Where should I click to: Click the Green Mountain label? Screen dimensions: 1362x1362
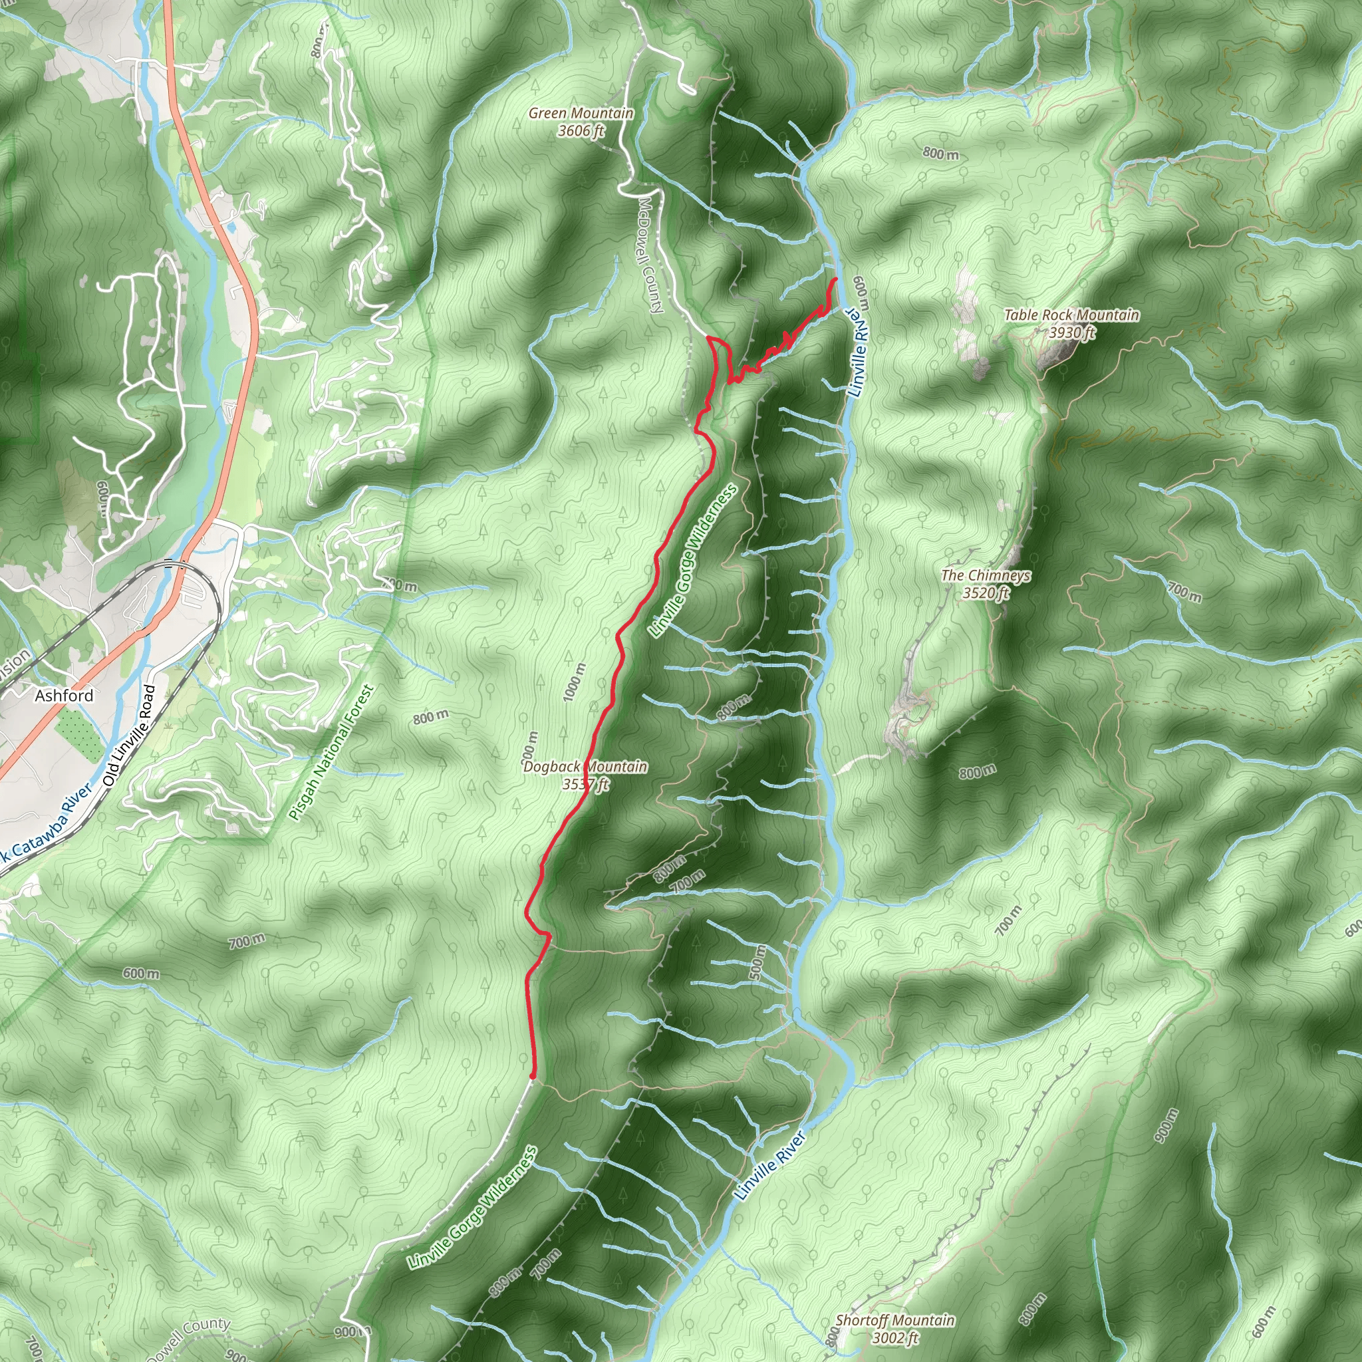[x=581, y=113]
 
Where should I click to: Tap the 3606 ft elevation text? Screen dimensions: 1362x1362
[x=581, y=130]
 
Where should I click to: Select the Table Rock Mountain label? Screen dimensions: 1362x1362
[x=1071, y=315]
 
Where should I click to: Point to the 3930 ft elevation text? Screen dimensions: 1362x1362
[x=1071, y=332]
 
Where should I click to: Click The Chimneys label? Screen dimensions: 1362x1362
[x=986, y=575]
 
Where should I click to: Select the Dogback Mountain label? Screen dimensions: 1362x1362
[x=585, y=766]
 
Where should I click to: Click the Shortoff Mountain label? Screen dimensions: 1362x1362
[x=895, y=1319]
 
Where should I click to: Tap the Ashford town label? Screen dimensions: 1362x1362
[x=64, y=696]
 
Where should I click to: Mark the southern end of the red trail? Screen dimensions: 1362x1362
[x=532, y=1076]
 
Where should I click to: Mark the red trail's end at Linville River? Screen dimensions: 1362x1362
[x=836, y=280]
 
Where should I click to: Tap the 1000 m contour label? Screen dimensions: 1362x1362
[x=575, y=682]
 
